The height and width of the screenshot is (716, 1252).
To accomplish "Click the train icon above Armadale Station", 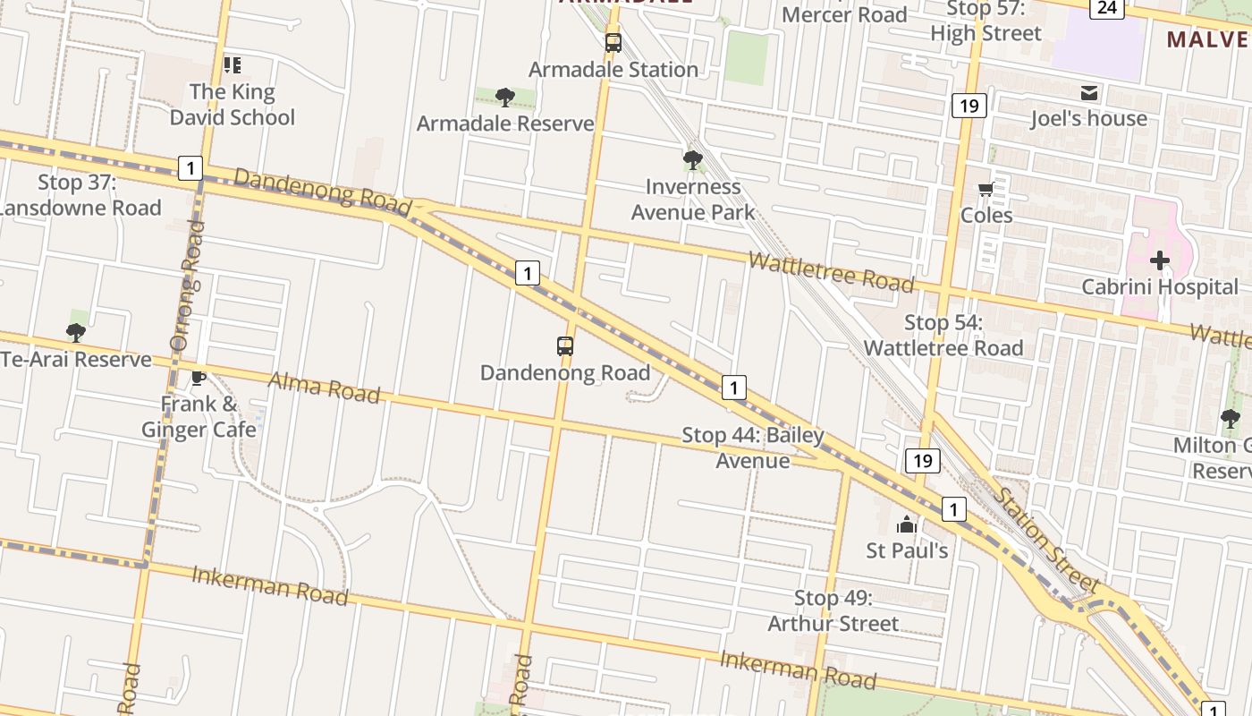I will pos(613,42).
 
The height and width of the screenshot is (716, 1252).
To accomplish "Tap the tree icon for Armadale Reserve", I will pos(505,98).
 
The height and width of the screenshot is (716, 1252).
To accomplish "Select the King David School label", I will pos(232,105).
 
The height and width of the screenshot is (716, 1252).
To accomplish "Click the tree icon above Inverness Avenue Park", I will pos(692,161).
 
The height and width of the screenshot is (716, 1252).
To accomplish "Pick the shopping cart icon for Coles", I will pos(986,189).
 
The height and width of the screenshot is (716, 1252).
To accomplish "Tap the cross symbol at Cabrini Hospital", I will pos(1160,261).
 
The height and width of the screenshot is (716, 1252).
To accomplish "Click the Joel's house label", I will pos(1088,118).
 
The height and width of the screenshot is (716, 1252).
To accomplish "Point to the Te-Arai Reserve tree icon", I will pos(76,333).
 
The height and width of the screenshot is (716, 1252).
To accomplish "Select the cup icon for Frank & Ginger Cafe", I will pos(199,378).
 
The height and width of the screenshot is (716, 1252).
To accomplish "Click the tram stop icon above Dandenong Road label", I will pos(564,345).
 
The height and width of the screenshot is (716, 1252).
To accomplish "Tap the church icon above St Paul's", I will pos(907,524).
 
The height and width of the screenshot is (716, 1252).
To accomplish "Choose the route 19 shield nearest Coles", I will pos(969,107).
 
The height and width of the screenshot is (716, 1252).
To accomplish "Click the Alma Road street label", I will pos(325,388).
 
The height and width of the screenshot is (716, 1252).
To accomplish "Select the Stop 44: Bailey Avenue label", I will pos(753,447).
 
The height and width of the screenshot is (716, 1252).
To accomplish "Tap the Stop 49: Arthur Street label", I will pos(833,610).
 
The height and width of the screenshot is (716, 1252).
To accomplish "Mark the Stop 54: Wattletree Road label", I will pos(943,336).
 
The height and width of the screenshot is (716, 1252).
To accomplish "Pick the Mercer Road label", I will pos(844,14).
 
